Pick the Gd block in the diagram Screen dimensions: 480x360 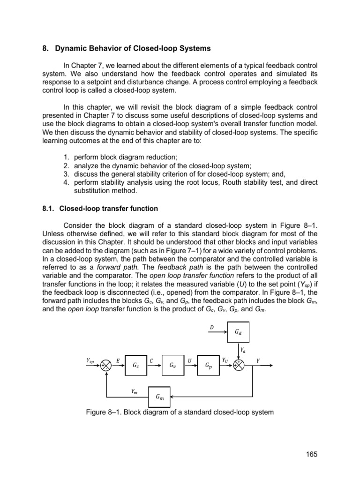pyautogui.click(x=239, y=333)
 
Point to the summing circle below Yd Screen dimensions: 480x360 pyautogui.click(x=239, y=365)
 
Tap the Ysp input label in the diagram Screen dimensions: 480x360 pyautogui.click(x=90, y=360)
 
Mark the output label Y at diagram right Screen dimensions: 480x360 pyautogui.click(x=257, y=360)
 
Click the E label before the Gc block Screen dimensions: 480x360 pyautogui.click(x=118, y=360)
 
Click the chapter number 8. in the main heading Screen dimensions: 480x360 pyautogui.click(x=45, y=48)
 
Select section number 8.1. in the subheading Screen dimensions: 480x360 pyautogui.click(x=48, y=208)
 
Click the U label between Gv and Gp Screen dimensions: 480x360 pyautogui.click(x=189, y=360)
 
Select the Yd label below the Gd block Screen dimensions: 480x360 pyautogui.click(x=242, y=350)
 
